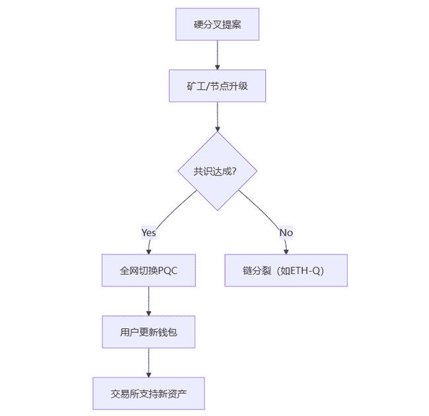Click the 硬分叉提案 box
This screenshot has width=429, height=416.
point(217,24)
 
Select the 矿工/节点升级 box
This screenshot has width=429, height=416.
point(217,86)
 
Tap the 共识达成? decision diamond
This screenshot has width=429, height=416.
point(217,171)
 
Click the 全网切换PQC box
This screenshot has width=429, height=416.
point(148,270)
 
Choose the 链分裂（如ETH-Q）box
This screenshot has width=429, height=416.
point(286,270)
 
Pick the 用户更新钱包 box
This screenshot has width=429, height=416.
point(148,332)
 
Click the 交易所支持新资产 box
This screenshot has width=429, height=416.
point(148,394)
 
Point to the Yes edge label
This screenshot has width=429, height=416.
point(148,233)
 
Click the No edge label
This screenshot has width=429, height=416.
point(286,233)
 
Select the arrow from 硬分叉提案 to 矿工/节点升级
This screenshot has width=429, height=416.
point(217,55)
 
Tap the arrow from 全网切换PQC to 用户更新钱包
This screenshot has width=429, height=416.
point(148,301)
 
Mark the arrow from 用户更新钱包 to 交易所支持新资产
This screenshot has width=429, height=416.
point(148,363)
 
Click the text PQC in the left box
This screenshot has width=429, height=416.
point(168,270)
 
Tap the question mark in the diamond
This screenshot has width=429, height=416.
point(234,171)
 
